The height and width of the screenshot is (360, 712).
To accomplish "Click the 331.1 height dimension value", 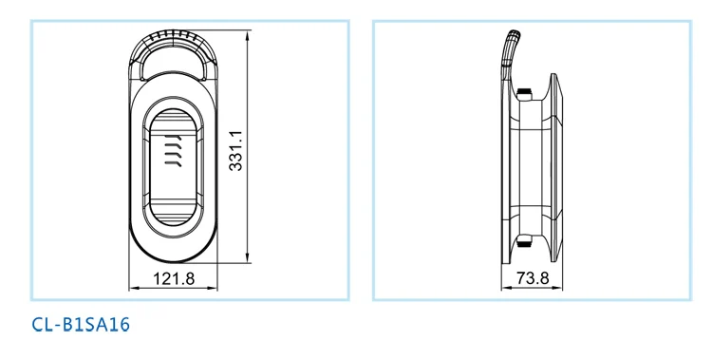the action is click(x=235, y=151).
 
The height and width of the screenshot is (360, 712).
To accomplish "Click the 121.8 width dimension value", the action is click(x=174, y=278).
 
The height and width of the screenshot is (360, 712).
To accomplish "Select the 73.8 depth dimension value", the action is click(x=533, y=277).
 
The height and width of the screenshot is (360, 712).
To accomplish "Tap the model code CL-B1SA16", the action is click(x=81, y=325).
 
